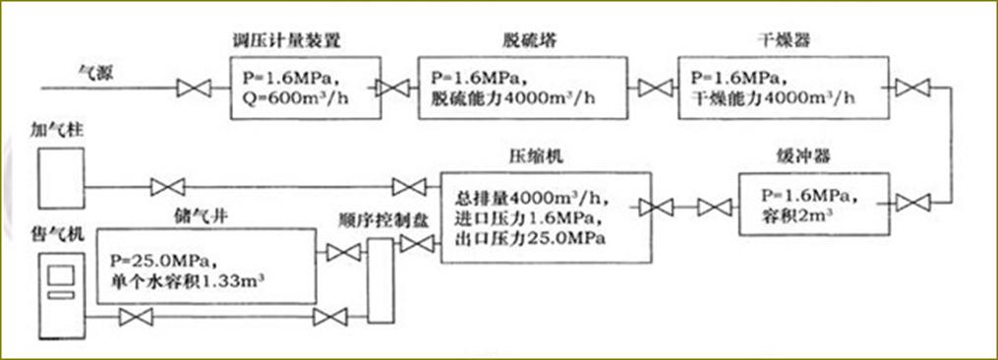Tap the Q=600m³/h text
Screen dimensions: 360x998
click(x=293, y=96)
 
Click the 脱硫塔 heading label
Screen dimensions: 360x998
click(x=518, y=40)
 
